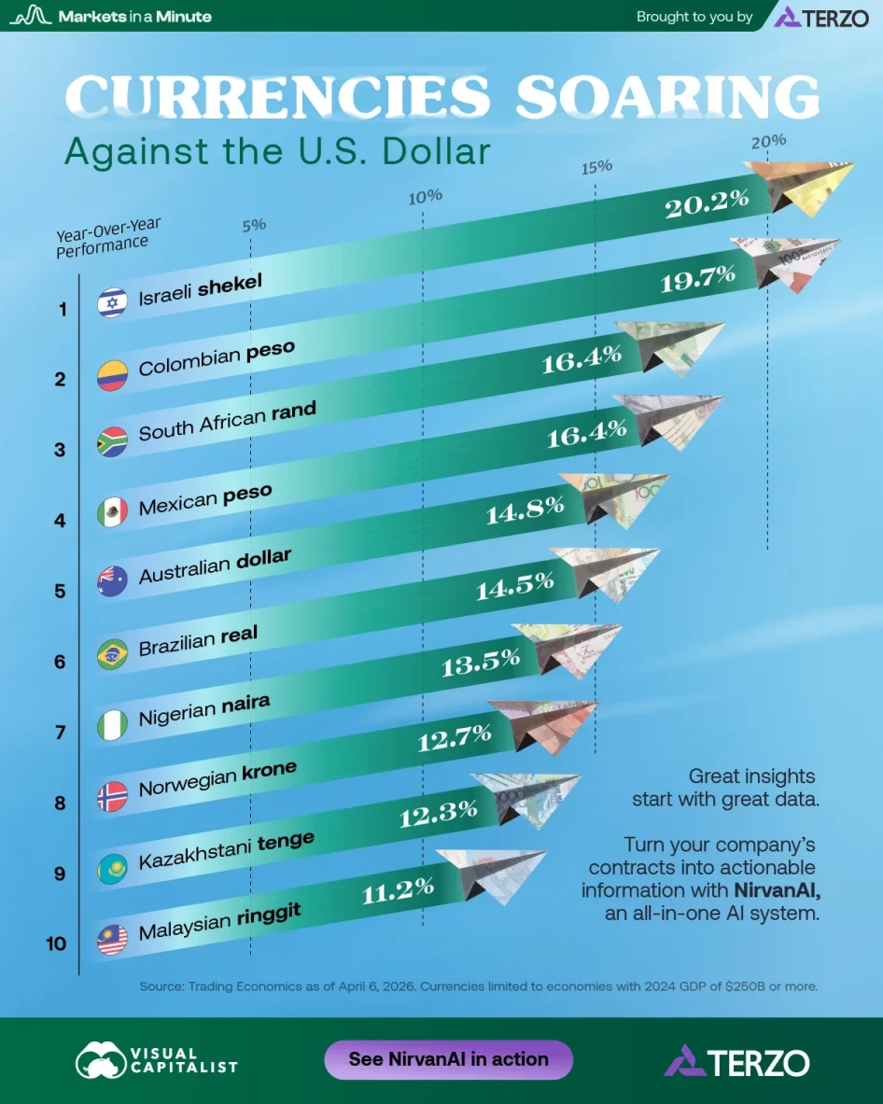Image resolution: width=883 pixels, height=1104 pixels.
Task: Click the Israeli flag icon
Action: (112, 302)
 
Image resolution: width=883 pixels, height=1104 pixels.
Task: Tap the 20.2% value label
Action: (708, 203)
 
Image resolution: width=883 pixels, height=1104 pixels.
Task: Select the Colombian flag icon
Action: (112, 374)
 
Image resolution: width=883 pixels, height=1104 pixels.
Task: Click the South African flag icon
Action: (112, 442)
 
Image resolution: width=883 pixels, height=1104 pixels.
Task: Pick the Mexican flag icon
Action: (112, 512)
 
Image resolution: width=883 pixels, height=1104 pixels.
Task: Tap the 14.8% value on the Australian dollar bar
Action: (525, 509)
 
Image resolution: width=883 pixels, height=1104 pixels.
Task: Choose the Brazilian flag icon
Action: (112, 654)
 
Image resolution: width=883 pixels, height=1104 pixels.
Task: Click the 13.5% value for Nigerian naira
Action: (479, 662)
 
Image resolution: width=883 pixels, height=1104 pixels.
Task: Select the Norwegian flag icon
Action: (112, 796)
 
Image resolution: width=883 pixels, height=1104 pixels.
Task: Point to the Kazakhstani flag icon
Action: (112, 868)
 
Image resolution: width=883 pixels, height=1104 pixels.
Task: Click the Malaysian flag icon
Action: (112, 939)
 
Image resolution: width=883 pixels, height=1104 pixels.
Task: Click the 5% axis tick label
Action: (254, 225)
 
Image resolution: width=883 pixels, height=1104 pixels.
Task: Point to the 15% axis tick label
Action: (596, 167)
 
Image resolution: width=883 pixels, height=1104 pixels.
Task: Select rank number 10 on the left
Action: (57, 943)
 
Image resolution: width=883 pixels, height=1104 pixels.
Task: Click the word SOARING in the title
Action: (667, 97)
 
